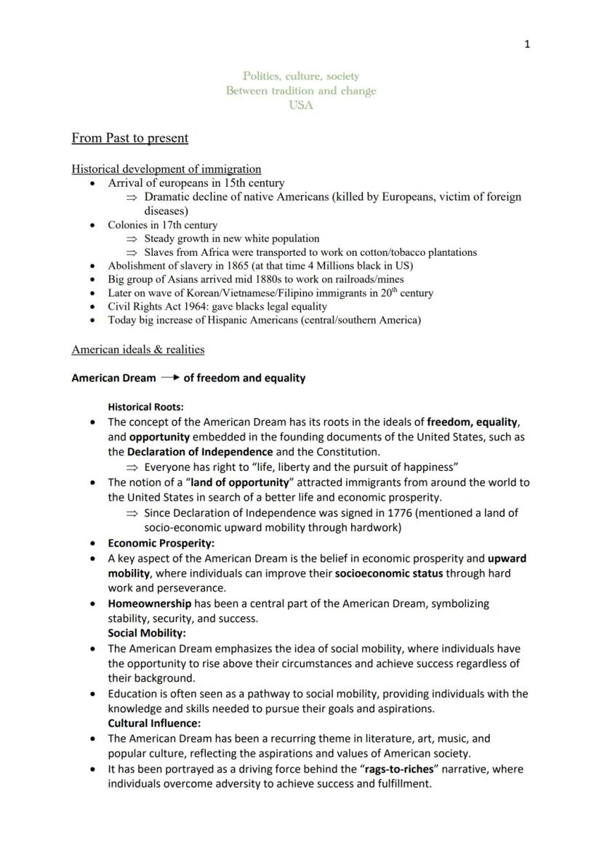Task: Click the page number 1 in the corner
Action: pyautogui.click(x=527, y=44)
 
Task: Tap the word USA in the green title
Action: pyautogui.click(x=301, y=105)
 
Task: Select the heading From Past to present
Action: pyautogui.click(x=129, y=138)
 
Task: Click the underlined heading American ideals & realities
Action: pyautogui.click(x=138, y=350)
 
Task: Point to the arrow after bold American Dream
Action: pyautogui.click(x=170, y=378)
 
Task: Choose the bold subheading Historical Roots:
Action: pyautogui.click(x=145, y=407)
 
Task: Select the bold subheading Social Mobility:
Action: pyautogui.click(x=147, y=633)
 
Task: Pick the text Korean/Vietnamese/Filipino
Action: pyautogui.click(x=243, y=293)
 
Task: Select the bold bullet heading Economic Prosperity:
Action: pyautogui.click(x=161, y=543)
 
